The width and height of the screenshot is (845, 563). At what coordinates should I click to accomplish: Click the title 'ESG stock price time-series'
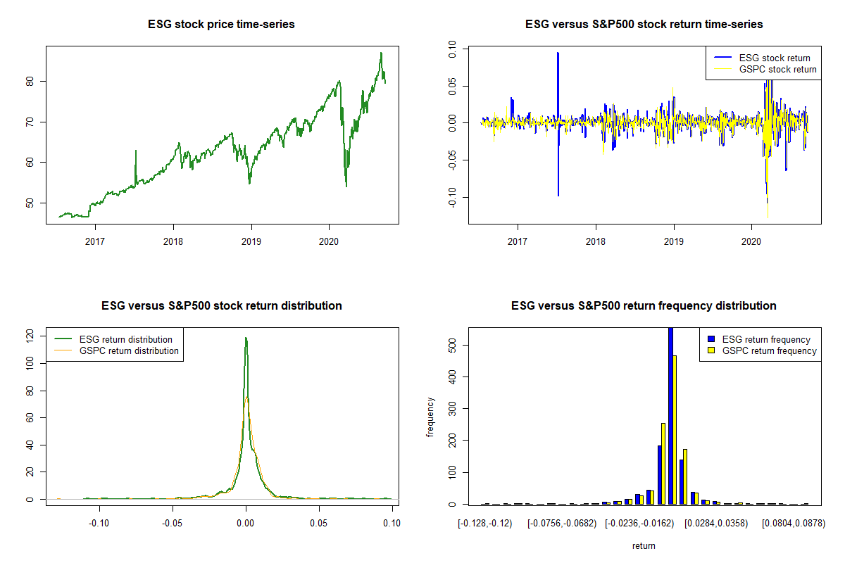(x=221, y=25)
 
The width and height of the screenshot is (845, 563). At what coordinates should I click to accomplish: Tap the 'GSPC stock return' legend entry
(x=777, y=69)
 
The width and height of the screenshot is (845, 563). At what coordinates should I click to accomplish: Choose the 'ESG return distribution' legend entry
(x=126, y=339)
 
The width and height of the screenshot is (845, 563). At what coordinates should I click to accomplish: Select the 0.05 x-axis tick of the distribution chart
(x=319, y=523)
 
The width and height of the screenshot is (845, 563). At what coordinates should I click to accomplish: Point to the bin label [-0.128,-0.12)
(x=485, y=523)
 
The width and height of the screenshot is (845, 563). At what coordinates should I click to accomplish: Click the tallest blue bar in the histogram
(x=670, y=416)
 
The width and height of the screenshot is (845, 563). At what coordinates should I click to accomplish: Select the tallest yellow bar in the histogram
(x=675, y=430)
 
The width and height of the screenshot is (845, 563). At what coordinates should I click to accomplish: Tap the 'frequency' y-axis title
(x=430, y=417)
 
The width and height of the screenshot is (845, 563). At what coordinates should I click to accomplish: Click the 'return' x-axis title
(x=644, y=545)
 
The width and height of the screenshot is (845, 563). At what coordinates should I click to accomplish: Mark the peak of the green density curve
(x=246, y=339)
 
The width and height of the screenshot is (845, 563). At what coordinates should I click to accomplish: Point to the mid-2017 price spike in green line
(x=135, y=151)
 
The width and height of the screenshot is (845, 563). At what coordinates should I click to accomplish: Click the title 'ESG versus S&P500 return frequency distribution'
(x=644, y=306)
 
